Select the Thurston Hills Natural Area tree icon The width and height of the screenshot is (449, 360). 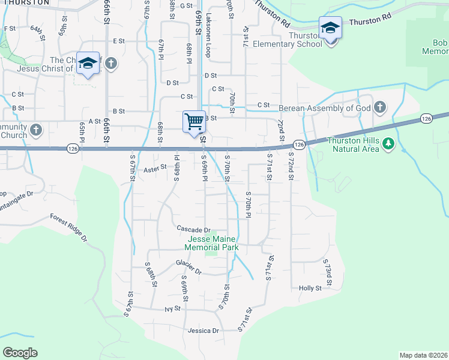tap(388, 143)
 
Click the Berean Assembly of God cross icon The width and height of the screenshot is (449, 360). tap(379, 109)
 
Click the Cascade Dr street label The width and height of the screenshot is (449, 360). tap(194, 229)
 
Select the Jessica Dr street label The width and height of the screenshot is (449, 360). tap(203, 331)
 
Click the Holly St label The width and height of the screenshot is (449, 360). tap(310, 288)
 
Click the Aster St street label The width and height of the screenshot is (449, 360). tap(154, 170)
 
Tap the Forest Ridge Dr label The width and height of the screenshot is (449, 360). tap(68, 228)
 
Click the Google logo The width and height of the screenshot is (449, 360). tap(20, 353)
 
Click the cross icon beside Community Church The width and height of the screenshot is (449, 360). tap(36, 130)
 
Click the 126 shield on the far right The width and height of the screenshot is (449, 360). tap(426, 119)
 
